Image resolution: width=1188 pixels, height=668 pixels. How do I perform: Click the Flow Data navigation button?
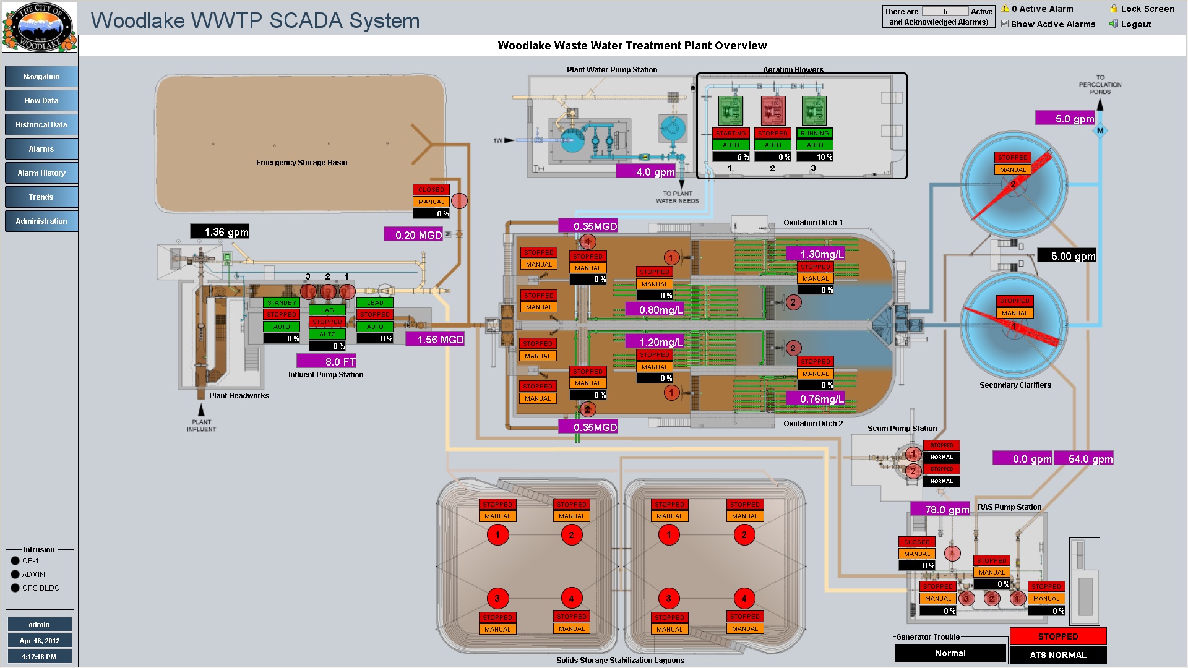click(41, 100)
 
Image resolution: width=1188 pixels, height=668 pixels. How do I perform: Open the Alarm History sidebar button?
click(41, 173)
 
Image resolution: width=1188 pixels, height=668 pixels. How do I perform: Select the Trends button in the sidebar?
click(41, 197)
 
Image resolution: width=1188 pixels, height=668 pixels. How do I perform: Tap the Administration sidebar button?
click(41, 221)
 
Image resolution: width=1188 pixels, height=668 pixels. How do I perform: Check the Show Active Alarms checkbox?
click(1005, 24)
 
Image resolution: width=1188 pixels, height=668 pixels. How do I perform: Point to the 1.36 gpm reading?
click(220, 232)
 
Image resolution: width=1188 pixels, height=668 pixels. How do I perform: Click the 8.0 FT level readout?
click(327, 361)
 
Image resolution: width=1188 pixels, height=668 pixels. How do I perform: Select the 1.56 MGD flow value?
click(435, 339)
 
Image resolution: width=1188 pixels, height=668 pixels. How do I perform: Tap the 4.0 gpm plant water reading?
click(646, 172)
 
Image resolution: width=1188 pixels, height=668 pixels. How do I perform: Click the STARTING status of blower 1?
click(731, 133)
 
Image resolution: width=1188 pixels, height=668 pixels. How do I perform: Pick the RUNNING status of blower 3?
click(814, 133)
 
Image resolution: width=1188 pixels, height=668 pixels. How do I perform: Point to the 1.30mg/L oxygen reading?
click(816, 254)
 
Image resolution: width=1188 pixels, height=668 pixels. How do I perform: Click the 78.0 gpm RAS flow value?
click(940, 509)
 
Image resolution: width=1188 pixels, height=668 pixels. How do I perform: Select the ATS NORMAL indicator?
click(1057, 654)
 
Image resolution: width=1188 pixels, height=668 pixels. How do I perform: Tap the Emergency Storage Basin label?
click(301, 163)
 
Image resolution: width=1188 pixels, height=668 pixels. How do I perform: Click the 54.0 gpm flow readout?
click(1083, 458)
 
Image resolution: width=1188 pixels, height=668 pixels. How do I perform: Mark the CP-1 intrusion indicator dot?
click(15, 561)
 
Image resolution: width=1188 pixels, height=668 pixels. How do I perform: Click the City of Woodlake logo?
click(39, 27)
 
